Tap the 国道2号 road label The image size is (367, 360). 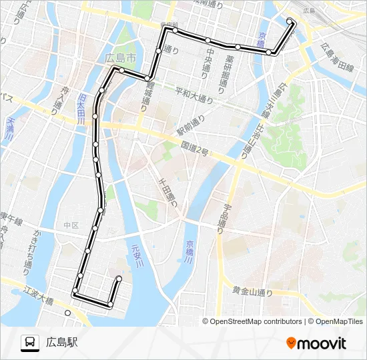[194, 149]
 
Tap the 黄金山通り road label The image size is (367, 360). [253, 291]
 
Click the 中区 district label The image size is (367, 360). [71, 225]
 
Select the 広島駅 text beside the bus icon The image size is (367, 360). [62, 343]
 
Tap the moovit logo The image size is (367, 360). [316, 343]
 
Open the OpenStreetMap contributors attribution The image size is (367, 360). [254, 321]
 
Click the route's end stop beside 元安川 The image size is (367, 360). [119, 279]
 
